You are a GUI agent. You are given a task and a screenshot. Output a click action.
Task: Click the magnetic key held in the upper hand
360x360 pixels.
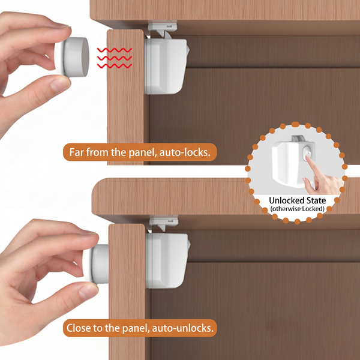coord(72,57)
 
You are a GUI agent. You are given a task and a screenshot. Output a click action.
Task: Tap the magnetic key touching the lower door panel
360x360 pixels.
coord(97,264)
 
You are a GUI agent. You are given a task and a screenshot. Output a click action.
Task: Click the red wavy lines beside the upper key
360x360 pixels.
coord(115,58)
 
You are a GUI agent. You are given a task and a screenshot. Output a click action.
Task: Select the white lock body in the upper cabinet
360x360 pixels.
coord(166,66)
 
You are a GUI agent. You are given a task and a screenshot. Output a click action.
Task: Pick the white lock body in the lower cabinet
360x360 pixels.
coord(167,260)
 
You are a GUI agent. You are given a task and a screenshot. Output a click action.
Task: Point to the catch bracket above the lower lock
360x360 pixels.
coord(164,222)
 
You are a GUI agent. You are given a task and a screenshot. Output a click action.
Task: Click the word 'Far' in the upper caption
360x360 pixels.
coord(76,152)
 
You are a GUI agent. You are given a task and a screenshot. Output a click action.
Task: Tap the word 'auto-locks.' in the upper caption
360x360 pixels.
coord(185,152)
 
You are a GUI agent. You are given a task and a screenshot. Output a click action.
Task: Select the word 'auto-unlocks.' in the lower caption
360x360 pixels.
coord(183,328)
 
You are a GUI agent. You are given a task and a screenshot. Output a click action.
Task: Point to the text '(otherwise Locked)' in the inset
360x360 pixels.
coord(298,209)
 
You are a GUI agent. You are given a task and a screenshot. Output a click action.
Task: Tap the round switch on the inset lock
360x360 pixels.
coord(307,152)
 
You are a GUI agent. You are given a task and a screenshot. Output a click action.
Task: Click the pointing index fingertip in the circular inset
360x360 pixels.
coord(308,158)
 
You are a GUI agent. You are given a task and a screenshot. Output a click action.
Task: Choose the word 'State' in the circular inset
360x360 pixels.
coord(316,200)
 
